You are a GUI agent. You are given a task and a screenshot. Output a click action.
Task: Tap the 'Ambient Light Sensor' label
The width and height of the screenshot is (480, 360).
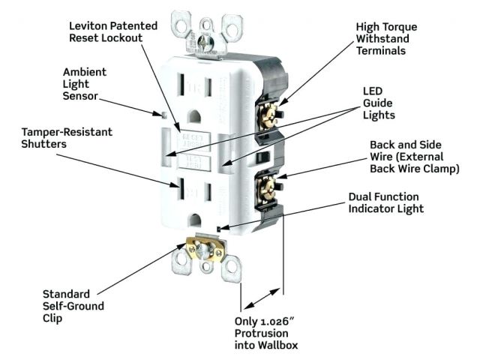pos(85,85)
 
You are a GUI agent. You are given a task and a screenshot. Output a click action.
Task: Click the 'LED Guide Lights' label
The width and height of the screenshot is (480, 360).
pos(378,102)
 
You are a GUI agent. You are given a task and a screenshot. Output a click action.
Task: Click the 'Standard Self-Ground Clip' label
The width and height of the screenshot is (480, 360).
pos(73,306)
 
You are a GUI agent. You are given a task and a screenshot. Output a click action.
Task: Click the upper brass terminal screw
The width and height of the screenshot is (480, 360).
pos(265,114)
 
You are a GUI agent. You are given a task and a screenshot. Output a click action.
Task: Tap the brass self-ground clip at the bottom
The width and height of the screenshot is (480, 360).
pos(202,250)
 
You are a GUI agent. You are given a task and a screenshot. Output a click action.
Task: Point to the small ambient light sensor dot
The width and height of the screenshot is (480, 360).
pos(163,115)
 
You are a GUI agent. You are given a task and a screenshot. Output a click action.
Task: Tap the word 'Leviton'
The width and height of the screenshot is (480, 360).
pos(87,25)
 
